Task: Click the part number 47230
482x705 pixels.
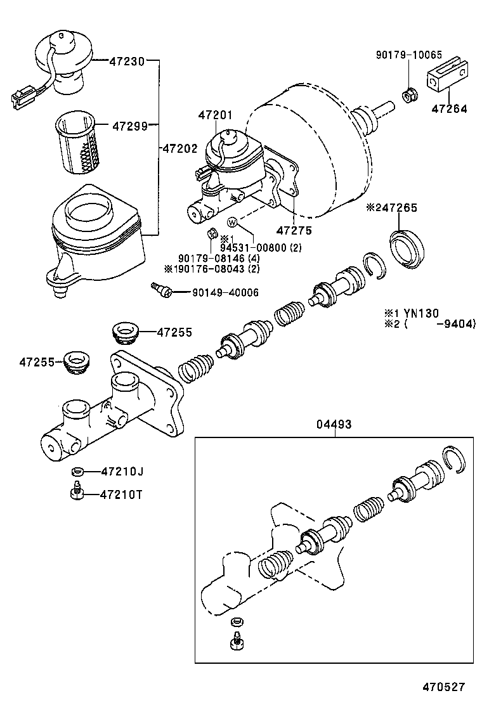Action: (x=127, y=61)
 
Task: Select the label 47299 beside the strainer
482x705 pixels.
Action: (x=130, y=126)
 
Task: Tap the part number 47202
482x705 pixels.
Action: (x=180, y=148)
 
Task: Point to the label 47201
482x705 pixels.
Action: (x=215, y=115)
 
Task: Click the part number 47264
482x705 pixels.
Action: (x=449, y=108)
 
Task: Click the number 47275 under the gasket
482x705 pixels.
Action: (x=294, y=231)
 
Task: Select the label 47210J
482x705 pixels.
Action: (x=122, y=471)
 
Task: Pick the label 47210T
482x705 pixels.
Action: (x=122, y=495)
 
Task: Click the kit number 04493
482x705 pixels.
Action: (x=334, y=424)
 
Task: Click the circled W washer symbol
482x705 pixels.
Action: (x=232, y=222)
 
